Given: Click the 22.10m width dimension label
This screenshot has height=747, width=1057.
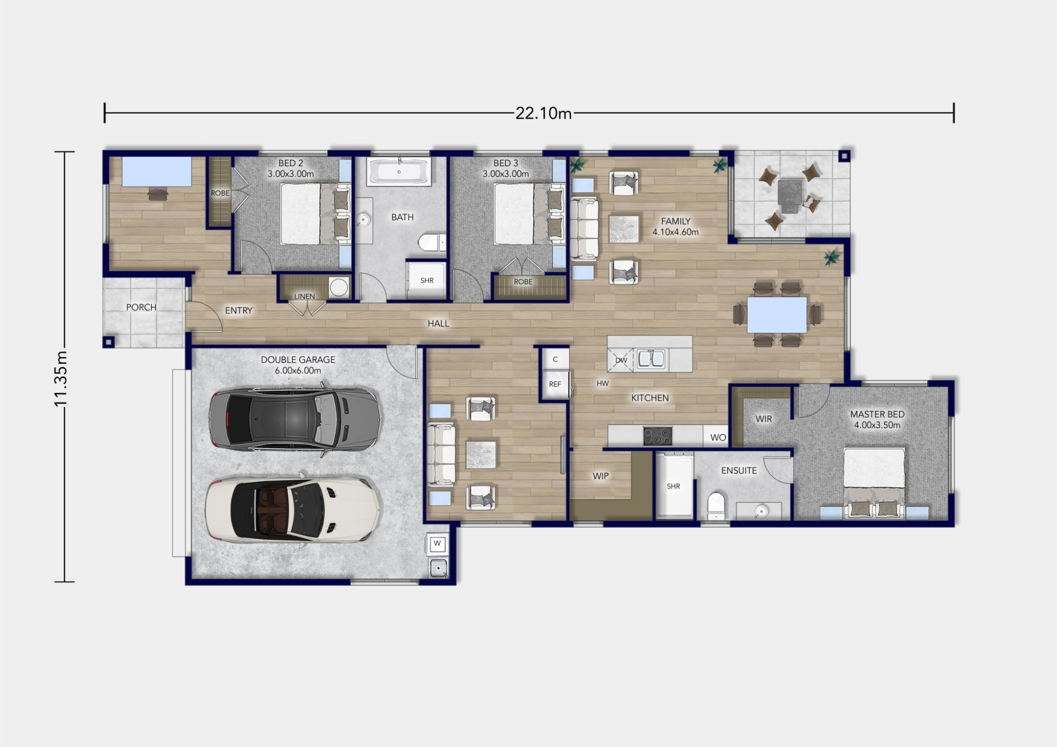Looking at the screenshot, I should [543, 113].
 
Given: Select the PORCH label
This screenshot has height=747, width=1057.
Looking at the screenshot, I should [141, 307].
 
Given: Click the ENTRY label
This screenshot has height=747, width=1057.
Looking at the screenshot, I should [239, 311].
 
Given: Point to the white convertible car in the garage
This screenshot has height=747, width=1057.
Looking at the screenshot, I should [293, 510].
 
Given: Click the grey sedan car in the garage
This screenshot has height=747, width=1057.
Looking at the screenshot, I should [294, 419].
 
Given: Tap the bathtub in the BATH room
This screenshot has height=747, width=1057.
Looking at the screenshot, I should [400, 172].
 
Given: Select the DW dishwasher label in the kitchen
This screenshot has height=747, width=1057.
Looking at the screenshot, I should [621, 360].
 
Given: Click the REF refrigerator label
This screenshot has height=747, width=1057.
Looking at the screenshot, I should [555, 384].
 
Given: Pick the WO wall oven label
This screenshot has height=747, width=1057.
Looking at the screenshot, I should [718, 437].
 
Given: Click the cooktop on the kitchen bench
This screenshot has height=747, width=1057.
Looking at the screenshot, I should [657, 436].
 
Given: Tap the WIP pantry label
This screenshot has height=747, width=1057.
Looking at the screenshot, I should [600, 476].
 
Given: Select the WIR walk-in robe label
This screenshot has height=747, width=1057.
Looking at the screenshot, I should [764, 419].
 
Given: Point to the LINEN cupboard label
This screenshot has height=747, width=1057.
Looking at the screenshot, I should [304, 296].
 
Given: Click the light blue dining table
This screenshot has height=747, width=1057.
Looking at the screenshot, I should [776, 315].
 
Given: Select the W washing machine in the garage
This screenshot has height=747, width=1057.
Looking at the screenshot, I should [437, 544].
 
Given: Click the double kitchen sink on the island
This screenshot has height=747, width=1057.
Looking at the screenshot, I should [651, 360].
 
